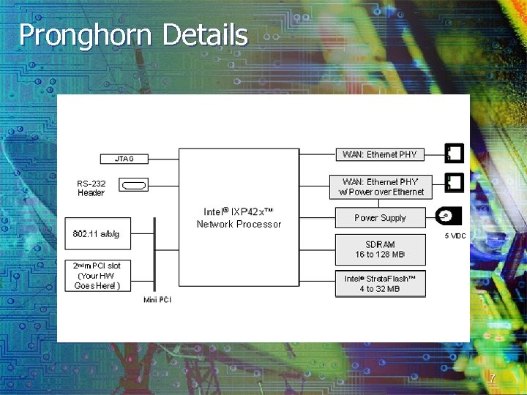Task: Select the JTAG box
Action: click(124, 158)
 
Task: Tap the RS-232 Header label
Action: click(91, 188)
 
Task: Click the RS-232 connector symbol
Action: click(134, 187)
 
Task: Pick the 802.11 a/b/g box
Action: click(97, 233)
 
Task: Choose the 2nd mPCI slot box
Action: click(97, 275)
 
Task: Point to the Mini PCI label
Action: click(157, 300)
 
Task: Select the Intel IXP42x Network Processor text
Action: click(239, 218)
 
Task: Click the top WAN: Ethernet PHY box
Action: click(379, 154)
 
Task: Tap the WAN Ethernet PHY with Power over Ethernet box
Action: click(381, 187)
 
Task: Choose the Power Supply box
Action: click(379, 218)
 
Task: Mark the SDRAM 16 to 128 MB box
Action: click(379, 249)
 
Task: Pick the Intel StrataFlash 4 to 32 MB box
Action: click(379, 283)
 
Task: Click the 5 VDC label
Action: click(455, 236)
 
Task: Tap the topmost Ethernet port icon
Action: click(454, 153)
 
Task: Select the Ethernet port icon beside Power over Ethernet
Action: click(454, 181)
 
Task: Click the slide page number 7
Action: click(493, 378)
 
